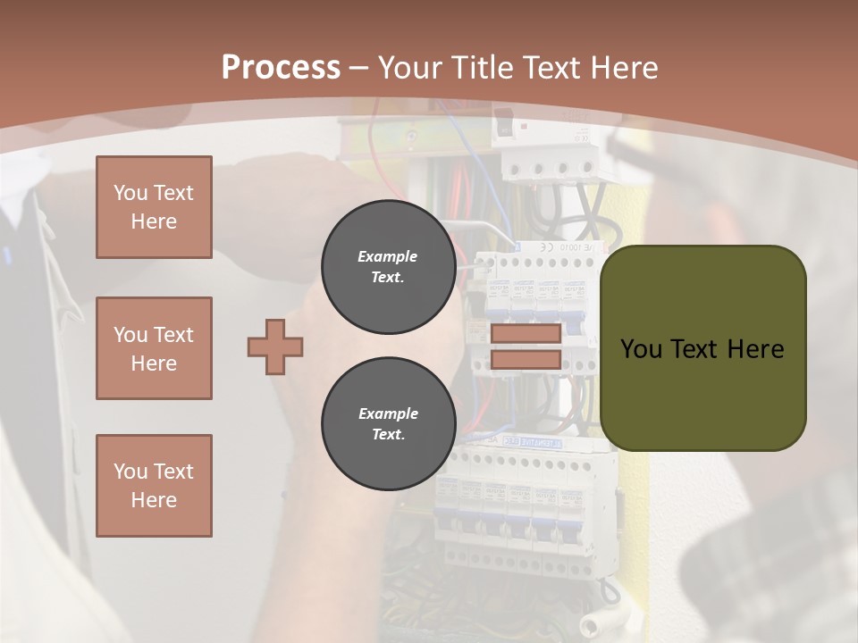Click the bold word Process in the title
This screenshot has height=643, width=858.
pyautogui.click(x=281, y=68)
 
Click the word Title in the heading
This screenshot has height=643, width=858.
pyautogui.click(x=485, y=68)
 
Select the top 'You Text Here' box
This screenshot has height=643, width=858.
pyautogui.click(x=154, y=207)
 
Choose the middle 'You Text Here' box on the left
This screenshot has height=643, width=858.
pyautogui.click(x=154, y=348)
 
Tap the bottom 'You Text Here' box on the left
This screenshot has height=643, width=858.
pyautogui.click(x=154, y=486)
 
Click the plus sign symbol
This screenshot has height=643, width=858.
pyautogui.click(x=275, y=347)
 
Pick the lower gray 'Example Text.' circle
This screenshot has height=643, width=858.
pyautogui.click(x=388, y=423)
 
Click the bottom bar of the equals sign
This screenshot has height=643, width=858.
pyautogui.click(x=526, y=360)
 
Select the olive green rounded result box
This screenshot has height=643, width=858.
pyautogui.click(x=703, y=348)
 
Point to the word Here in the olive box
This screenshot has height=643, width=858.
pyautogui.click(x=755, y=349)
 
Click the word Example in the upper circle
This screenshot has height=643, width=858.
pyautogui.click(x=388, y=256)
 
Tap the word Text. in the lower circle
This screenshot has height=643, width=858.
pyautogui.click(x=388, y=434)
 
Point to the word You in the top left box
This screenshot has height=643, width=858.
pyautogui.click(x=130, y=193)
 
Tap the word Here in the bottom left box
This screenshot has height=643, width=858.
pyautogui.click(x=154, y=500)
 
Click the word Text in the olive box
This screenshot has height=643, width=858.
pyautogui.click(x=694, y=349)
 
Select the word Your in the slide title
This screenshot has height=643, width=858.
pyautogui.click(x=409, y=68)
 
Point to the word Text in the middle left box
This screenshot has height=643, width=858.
pyautogui.click(x=172, y=335)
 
